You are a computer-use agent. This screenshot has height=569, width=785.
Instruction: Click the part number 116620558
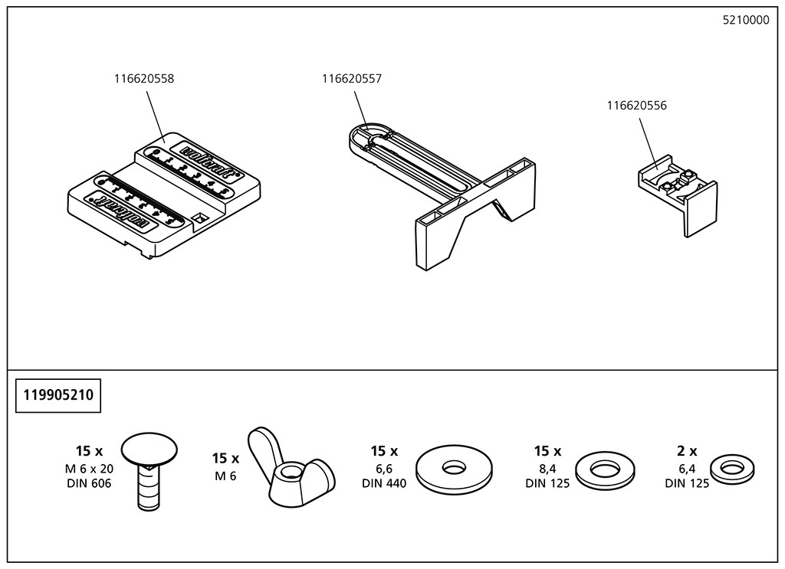pos(143,78)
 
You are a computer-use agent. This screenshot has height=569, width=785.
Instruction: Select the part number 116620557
pos(351,78)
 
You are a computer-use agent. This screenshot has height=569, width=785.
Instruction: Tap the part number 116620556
pos(636,106)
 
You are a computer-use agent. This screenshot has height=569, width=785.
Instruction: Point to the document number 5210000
pos(745,21)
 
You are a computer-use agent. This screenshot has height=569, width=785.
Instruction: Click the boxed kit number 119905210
pos(59,396)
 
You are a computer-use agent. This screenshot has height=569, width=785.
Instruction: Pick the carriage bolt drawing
pos(149,467)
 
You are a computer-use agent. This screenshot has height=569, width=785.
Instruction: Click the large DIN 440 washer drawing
pos(454,466)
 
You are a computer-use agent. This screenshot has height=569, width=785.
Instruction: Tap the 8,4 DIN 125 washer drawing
pos(605,469)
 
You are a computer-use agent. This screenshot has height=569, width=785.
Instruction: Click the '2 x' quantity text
pos(686,451)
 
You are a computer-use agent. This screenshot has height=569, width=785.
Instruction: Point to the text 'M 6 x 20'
pos(88,469)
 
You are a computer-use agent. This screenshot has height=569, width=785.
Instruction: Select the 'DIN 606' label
pos(88,483)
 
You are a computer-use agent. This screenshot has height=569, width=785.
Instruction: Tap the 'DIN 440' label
pos(384,483)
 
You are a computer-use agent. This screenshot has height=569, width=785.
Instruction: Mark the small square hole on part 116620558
pos(202,218)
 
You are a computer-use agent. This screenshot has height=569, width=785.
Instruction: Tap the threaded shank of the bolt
pos(149,490)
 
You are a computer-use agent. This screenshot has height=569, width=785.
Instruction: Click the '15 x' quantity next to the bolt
pos(89,451)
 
